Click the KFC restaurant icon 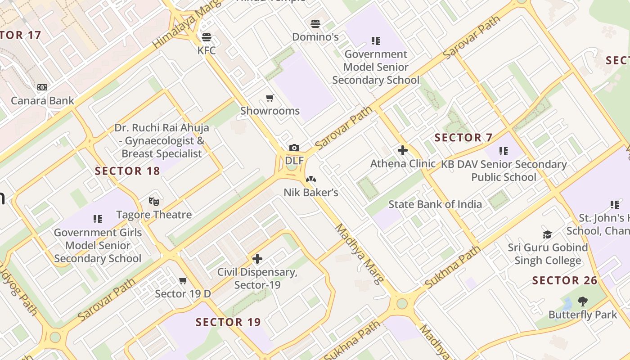coord(207,37)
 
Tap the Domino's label coord(315,37)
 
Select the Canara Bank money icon coord(42,87)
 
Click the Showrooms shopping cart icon coord(270,98)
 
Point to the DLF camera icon coord(294,148)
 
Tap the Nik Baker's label coord(310,193)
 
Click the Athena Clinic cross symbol coord(403,150)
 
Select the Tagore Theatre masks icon coord(154,201)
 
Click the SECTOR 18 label coord(127,171)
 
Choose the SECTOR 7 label coord(463,138)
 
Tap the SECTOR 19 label coord(228,322)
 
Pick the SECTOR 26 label coord(565,281)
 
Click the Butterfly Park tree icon coord(583,301)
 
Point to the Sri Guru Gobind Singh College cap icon coord(547,234)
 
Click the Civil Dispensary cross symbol coord(257,259)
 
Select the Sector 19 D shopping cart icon coord(183,281)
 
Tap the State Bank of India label coord(435,204)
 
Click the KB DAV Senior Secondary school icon coord(503,151)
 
